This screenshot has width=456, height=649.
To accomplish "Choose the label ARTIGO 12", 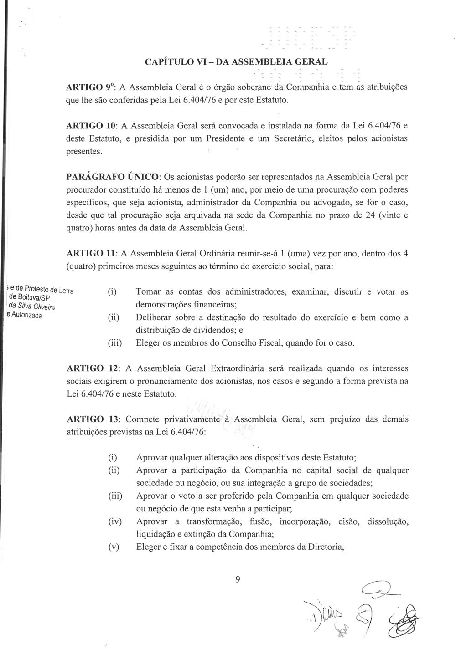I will [90, 368].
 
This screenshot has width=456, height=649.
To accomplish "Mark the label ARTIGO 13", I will [90, 419].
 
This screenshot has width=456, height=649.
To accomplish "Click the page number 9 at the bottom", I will [237, 579].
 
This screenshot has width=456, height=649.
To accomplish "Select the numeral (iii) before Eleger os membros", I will [115, 342].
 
